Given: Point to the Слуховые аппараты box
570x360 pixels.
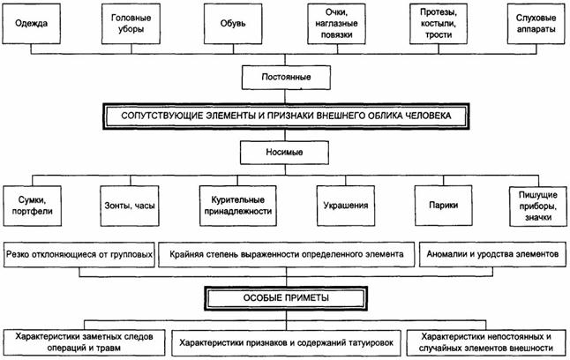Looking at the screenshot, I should [536, 24].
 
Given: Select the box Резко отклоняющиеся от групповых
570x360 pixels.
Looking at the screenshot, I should [80, 253].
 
